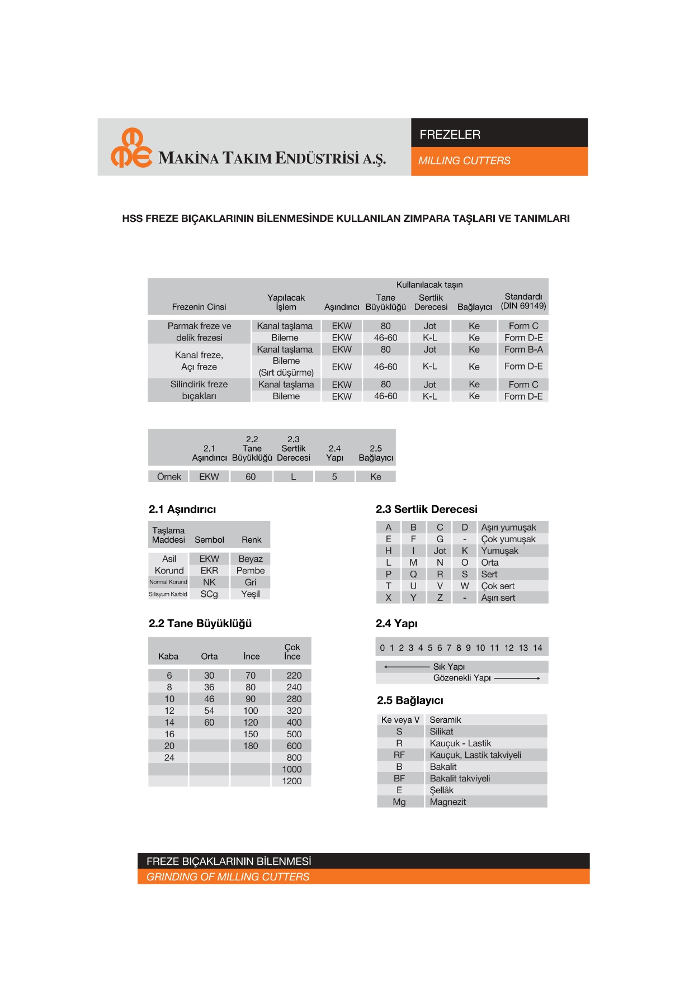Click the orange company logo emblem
click(x=131, y=148)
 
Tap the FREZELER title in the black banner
click(x=450, y=135)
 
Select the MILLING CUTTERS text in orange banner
click(x=464, y=161)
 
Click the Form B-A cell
click(x=523, y=349)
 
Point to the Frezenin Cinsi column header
click(x=199, y=307)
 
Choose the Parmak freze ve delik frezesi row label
click(x=199, y=332)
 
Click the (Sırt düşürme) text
click(x=286, y=372)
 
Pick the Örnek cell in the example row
click(x=169, y=477)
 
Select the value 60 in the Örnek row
click(x=251, y=477)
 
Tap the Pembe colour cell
click(x=250, y=571)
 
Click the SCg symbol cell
click(x=209, y=594)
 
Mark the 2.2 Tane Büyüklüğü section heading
click(x=200, y=623)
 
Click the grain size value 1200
click(x=291, y=781)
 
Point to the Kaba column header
click(x=168, y=656)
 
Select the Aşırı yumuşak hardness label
click(x=508, y=528)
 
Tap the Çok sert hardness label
click(x=498, y=586)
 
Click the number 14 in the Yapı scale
click(x=537, y=648)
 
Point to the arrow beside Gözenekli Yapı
click(x=517, y=678)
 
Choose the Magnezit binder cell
click(x=447, y=802)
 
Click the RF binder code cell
click(x=399, y=755)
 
